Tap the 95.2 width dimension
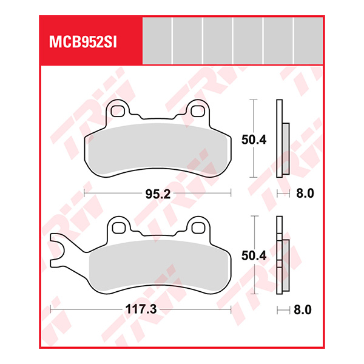coord(156,194)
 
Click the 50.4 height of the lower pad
coord(254,257)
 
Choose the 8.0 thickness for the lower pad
coord(303,309)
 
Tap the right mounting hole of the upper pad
coord(197,111)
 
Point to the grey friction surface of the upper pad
coord(157,149)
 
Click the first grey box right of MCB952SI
coord(157,41)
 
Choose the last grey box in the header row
coord(309,41)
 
